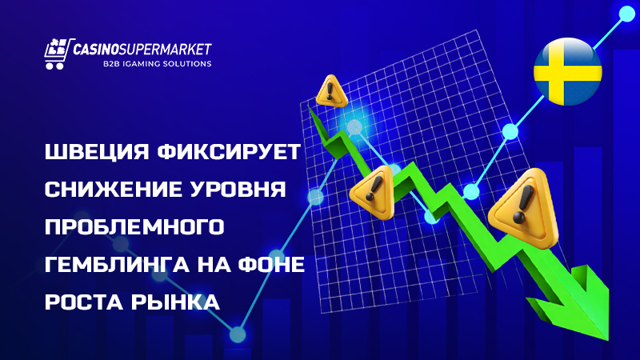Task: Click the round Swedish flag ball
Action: click(567, 71)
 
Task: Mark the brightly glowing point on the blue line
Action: click(353, 126)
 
